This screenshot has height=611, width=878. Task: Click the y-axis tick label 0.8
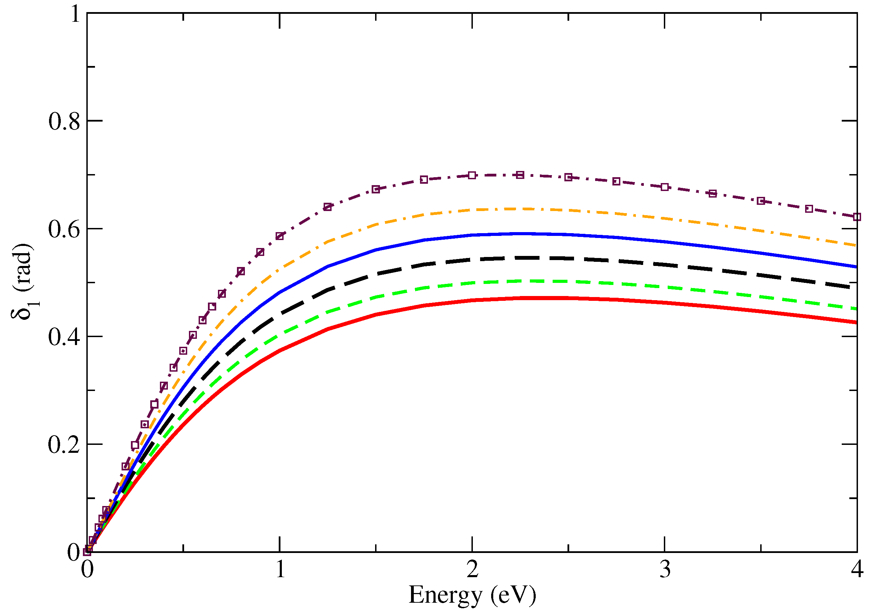point(64,122)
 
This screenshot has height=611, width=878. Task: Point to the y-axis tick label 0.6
point(64,229)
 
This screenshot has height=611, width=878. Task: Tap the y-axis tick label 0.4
point(64,337)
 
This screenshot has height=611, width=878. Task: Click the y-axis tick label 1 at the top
point(75,14)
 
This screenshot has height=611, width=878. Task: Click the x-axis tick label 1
point(280,570)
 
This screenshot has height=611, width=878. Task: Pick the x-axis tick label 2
point(473,570)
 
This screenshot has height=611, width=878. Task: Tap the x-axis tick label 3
point(665,570)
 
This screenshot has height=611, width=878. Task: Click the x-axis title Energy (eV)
point(473,595)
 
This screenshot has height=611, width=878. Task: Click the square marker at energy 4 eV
point(857,217)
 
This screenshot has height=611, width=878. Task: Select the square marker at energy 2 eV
point(472,175)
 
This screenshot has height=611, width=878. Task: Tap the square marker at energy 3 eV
point(665,187)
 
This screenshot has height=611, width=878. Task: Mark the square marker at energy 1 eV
point(280,236)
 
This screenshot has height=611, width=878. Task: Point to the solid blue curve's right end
point(856,267)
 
